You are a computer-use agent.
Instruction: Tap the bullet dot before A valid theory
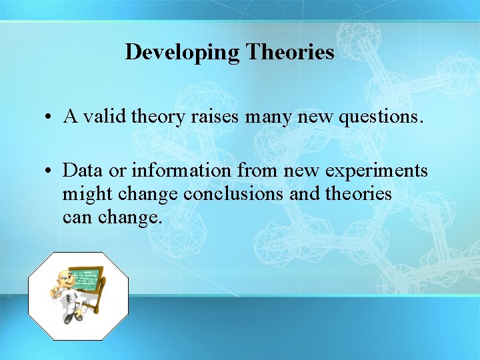(x=49, y=118)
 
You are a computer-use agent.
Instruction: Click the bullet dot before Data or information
(x=49, y=171)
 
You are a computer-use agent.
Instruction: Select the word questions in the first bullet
(x=381, y=117)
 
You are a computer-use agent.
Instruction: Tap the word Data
(x=83, y=170)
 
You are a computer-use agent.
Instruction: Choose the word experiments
(x=374, y=171)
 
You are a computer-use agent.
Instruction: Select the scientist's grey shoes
(x=73, y=318)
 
